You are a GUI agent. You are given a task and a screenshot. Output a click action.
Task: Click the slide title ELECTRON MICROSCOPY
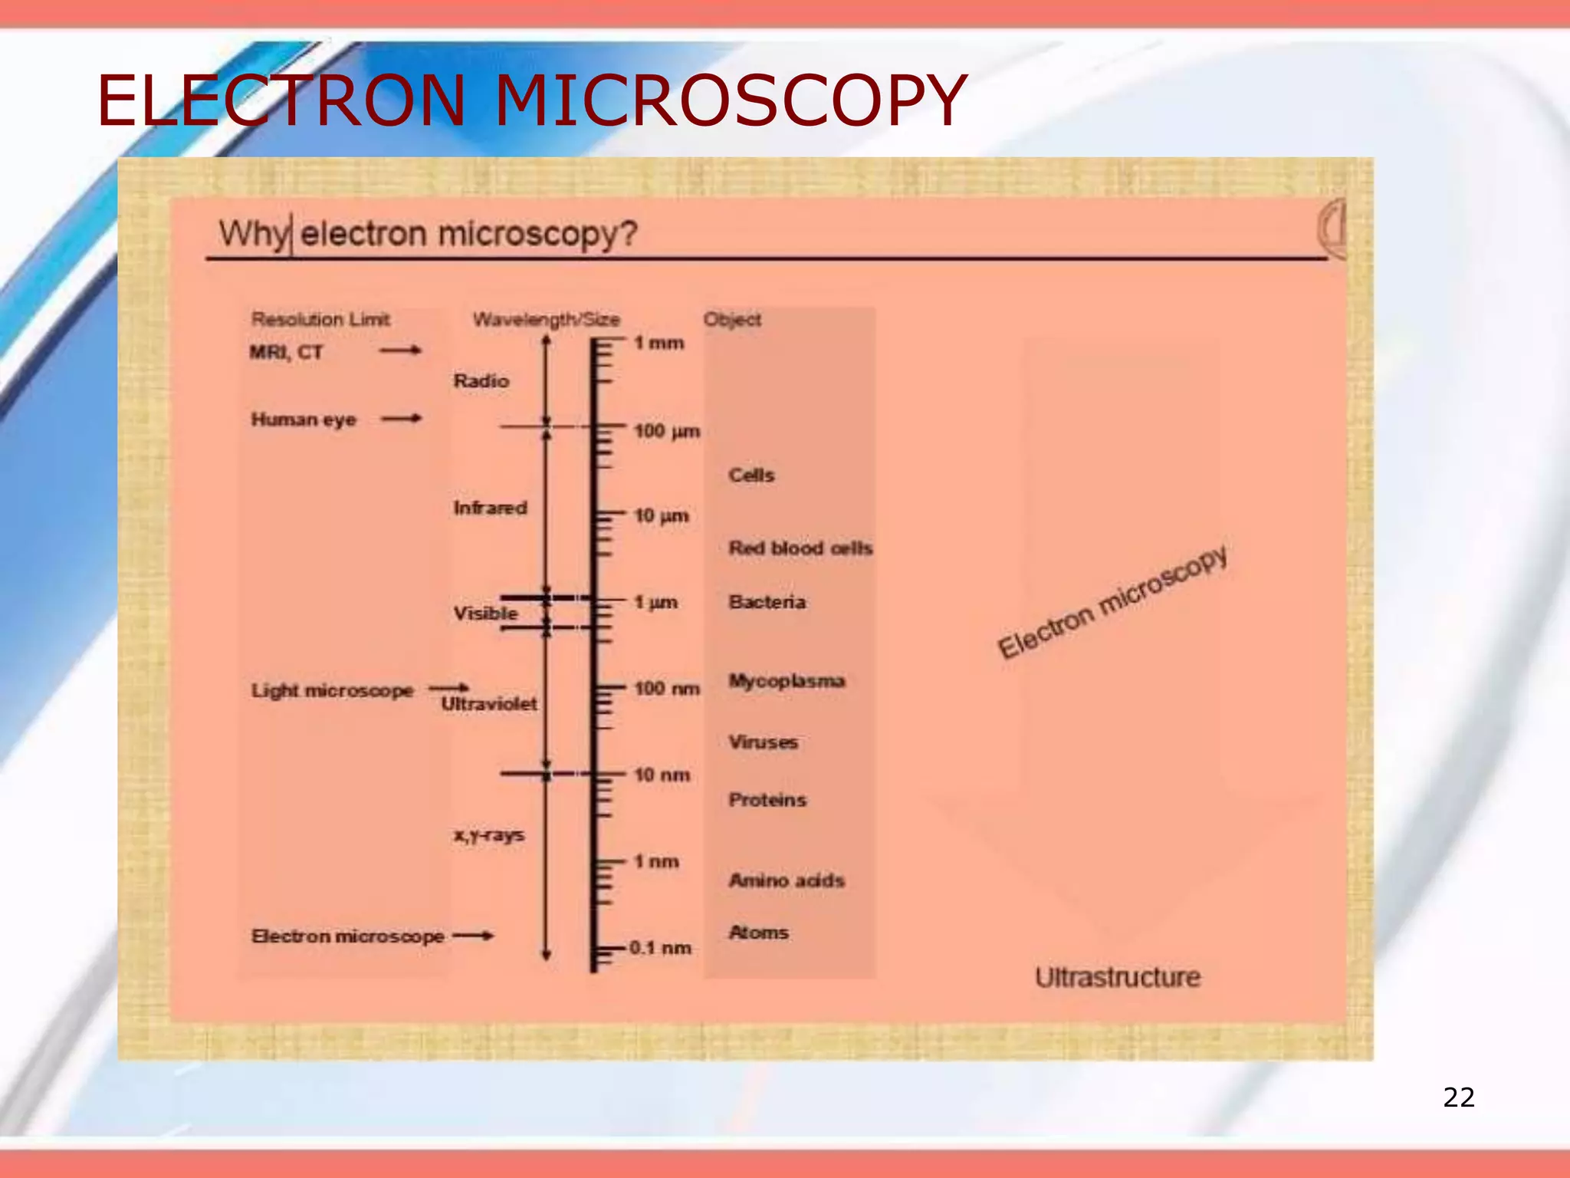pos(530,100)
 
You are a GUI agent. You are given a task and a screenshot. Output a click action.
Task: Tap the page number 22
pos(1458,1097)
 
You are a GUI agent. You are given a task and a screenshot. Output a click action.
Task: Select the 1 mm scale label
pos(659,343)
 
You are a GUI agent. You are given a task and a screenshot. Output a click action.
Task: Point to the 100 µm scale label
pos(666,431)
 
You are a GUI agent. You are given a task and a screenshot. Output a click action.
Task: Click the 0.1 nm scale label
pos(660,948)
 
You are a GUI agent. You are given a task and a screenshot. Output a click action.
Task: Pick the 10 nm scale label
pos(662,775)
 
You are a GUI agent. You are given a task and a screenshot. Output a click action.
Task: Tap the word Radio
pos(481,381)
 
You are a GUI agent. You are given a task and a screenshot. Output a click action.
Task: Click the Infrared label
pos(490,508)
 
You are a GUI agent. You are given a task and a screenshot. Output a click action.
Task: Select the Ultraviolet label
pos(489,704)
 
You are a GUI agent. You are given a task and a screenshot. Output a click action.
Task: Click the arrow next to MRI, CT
pos(400,350)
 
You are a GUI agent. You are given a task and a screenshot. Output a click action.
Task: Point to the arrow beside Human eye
pos(402,419)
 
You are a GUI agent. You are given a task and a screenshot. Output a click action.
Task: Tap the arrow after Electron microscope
pos(473,936)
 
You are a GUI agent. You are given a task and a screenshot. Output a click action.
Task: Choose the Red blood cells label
pos(800,548)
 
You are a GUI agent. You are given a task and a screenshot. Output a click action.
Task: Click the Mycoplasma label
pos(787,681)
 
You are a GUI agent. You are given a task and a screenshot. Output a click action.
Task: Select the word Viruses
pos(763,742)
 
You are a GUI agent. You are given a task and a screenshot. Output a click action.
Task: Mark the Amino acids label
pos(787,880)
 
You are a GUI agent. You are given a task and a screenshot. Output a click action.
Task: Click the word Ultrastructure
pos(1117,978)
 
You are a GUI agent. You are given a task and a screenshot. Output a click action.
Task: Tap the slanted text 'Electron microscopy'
pos(1112,603)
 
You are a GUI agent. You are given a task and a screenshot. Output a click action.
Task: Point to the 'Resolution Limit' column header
pos(320,319)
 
